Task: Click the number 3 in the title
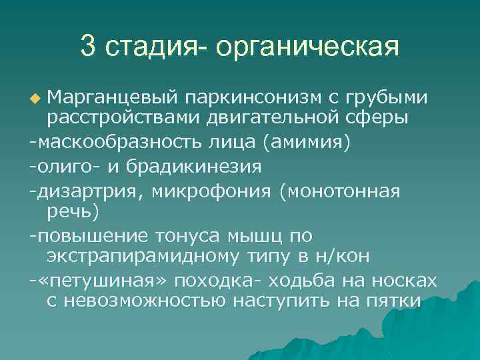[x=87, y=47]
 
